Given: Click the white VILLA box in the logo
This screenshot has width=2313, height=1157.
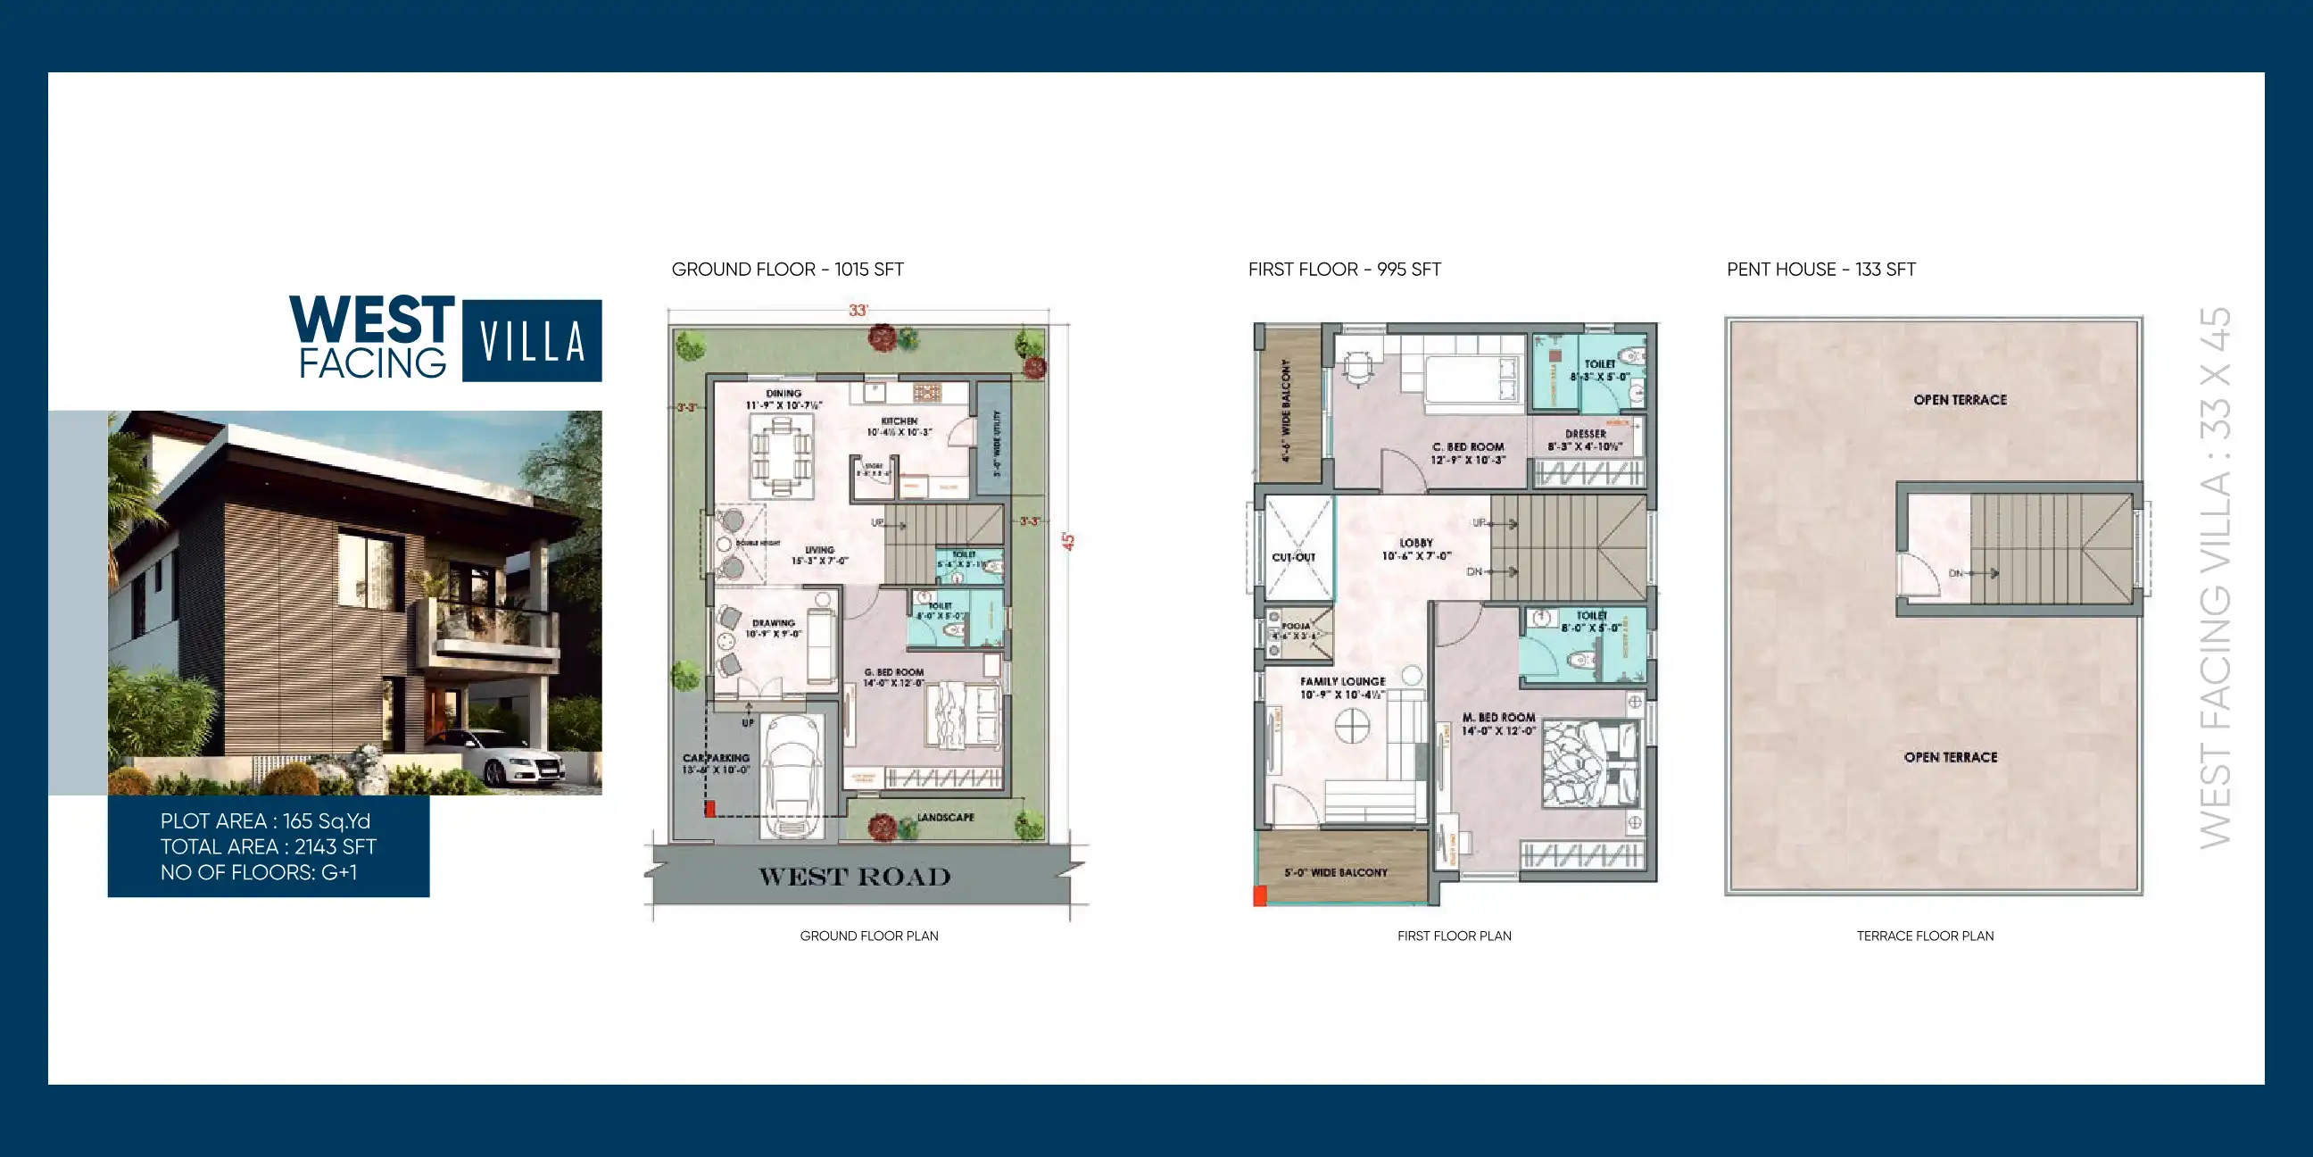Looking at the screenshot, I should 532,340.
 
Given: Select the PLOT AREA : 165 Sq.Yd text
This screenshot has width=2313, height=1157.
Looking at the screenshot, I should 265,821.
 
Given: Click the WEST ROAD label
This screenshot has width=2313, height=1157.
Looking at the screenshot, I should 854,877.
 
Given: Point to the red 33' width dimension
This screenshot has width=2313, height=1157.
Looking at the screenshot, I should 858,310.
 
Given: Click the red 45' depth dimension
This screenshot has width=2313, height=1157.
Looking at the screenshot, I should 1067,541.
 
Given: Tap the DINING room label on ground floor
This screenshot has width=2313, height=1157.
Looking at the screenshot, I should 783,394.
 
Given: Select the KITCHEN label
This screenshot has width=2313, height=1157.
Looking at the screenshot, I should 899,421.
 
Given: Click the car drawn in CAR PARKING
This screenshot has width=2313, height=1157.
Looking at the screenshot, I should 790,774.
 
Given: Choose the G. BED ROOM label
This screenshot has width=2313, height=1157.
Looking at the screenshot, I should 893,672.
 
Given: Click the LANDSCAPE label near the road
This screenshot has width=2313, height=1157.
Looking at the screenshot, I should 945,818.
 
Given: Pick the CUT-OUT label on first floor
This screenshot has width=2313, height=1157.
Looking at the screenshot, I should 1293,557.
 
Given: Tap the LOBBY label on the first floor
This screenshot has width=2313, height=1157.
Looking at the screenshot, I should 1416,543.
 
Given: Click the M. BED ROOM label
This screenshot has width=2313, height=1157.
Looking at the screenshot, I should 1497,718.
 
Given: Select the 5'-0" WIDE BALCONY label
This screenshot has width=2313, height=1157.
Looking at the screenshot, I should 1335,872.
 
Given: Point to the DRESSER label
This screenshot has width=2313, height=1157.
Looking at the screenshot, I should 1586,434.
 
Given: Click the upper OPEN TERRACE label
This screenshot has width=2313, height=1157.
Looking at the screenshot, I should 1960,400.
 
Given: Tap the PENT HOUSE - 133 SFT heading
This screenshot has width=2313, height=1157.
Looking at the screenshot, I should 1821,270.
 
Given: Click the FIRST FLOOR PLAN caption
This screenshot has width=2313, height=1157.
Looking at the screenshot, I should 1454,936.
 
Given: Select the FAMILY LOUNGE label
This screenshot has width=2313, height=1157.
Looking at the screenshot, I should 1342,682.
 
